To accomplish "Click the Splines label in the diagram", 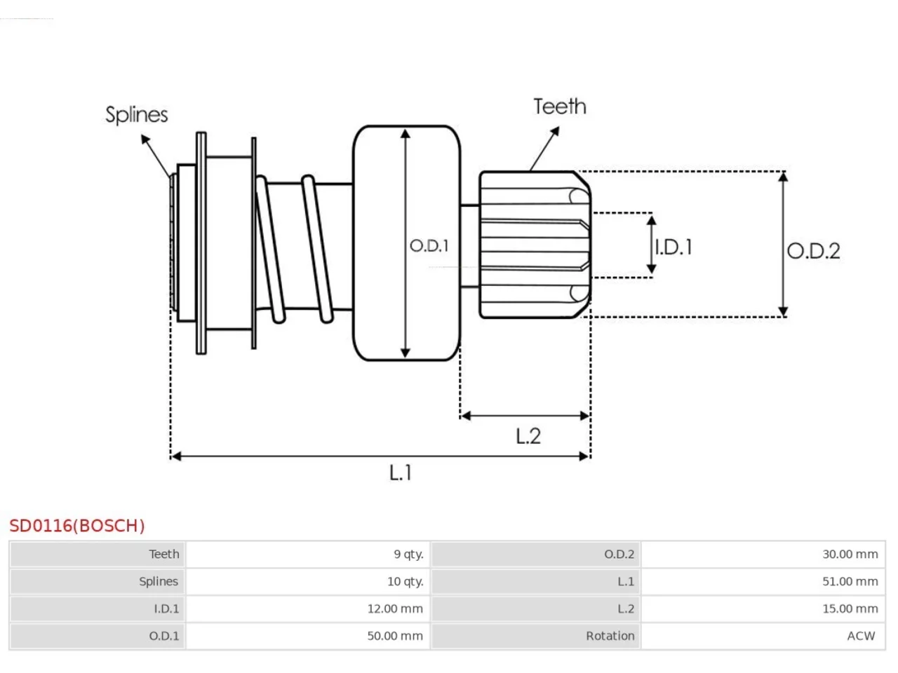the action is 136,115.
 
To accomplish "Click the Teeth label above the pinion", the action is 560,107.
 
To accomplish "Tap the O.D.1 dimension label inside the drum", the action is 429,245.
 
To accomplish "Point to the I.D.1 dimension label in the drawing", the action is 673,247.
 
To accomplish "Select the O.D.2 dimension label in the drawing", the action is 813,251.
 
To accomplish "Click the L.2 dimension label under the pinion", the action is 528,436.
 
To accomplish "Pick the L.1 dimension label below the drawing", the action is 400,473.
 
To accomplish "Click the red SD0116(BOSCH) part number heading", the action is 77,526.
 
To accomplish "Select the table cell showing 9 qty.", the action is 308,554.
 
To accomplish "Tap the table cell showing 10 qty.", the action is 308,581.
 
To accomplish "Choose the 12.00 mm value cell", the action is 308,609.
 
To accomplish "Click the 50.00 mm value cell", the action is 308,636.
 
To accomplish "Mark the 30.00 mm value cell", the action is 763,554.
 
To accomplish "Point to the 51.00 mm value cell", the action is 763,581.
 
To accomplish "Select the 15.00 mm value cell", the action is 763,609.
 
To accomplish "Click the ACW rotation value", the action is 861,636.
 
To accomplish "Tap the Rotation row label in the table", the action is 610,636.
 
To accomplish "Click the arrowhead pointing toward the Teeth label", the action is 555,131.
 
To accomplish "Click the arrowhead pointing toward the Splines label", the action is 145,139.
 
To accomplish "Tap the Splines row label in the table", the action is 159,581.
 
